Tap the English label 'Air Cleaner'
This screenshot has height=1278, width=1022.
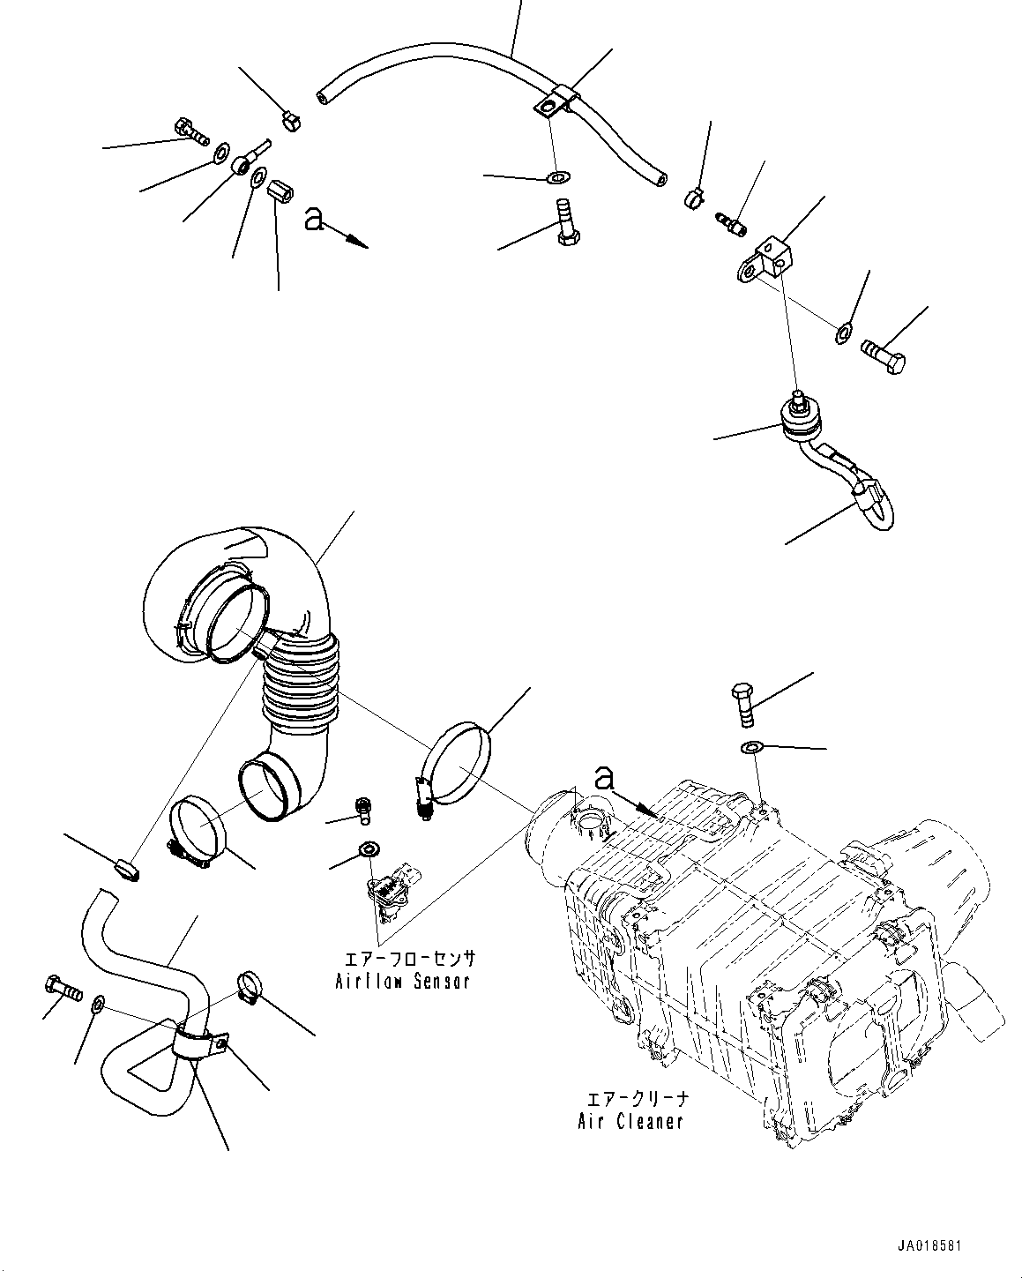coord(630,1122)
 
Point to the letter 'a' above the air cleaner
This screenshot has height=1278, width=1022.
coord(604,777)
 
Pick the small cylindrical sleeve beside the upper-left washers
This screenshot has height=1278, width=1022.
coord(279,189)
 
